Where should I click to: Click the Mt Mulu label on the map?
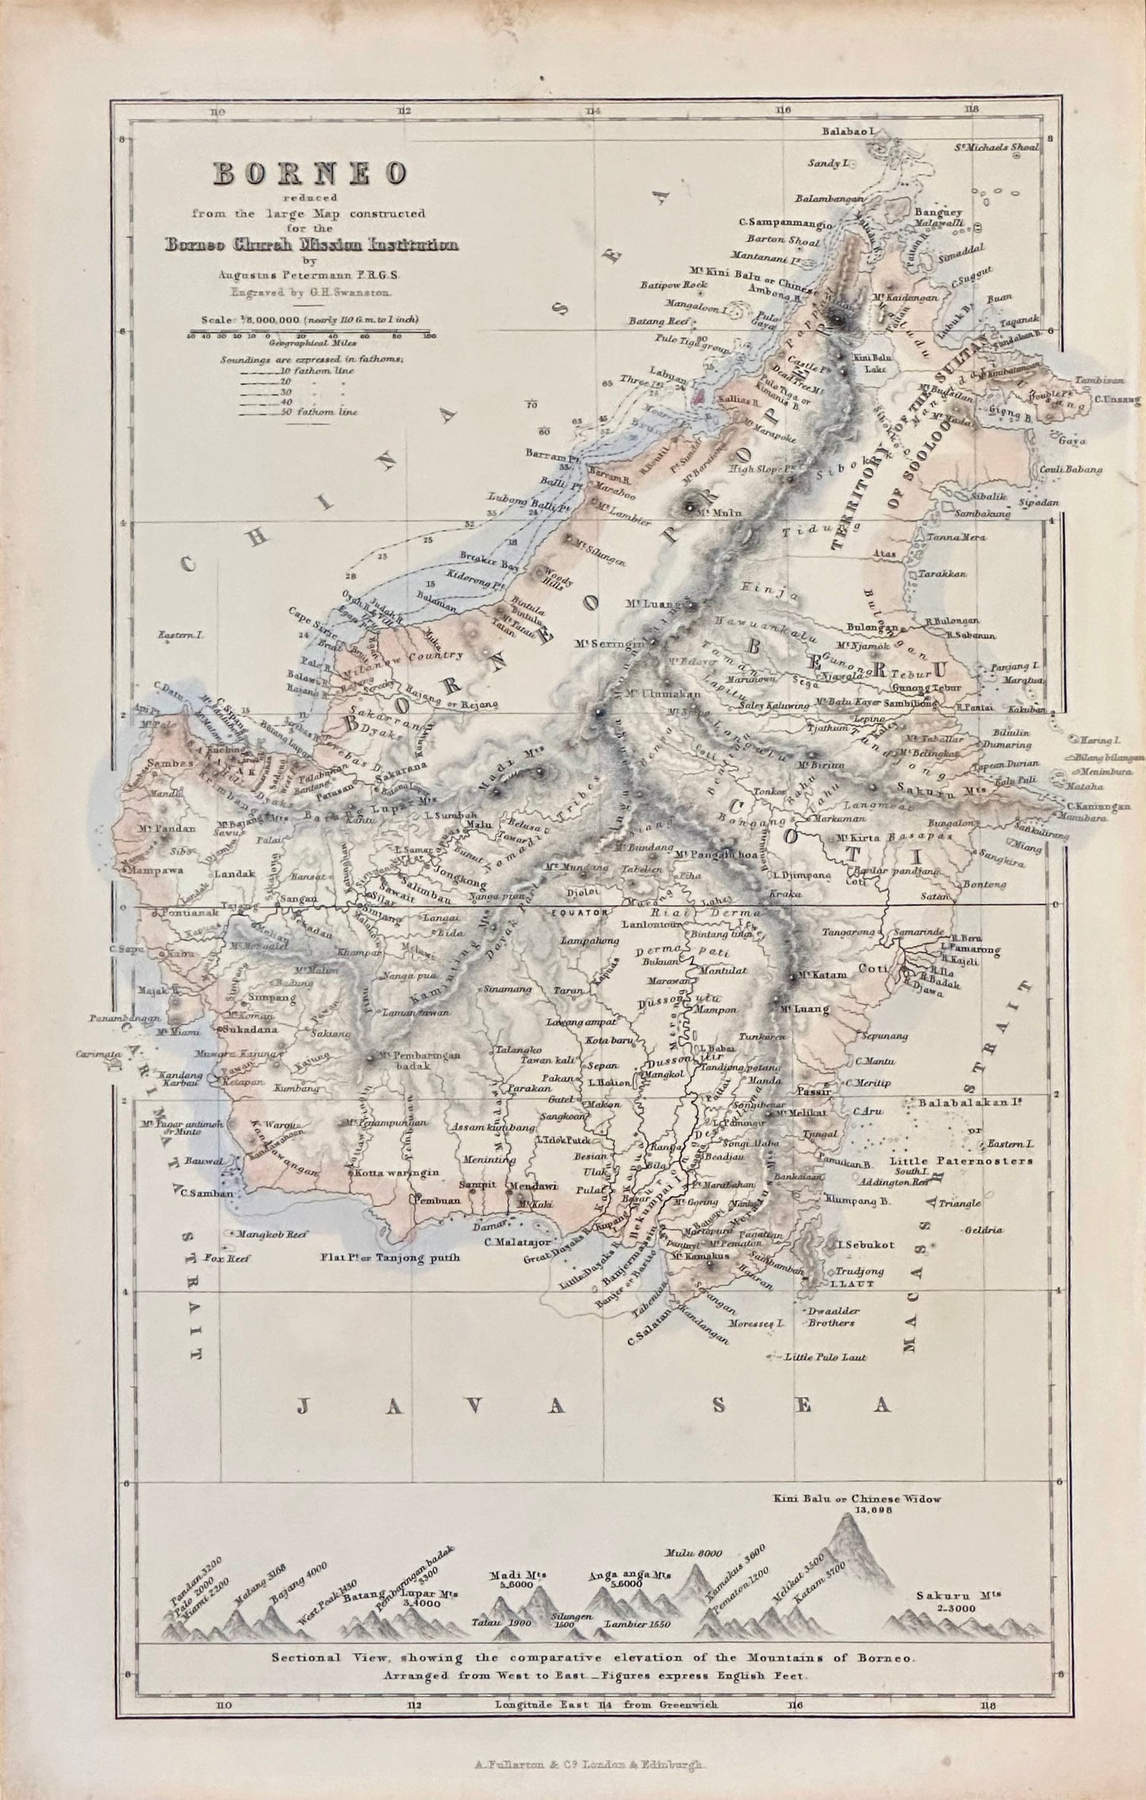click(711, 512)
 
